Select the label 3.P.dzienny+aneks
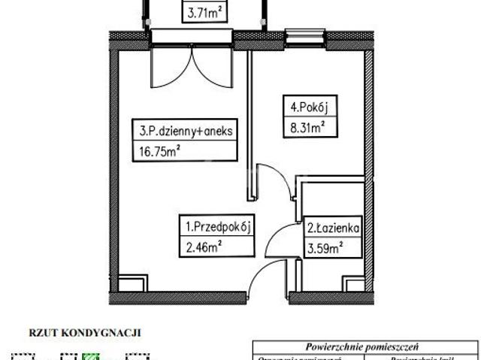coord(186,132)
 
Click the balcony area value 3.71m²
coord(204,11)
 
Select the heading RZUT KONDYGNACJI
coord(85,331)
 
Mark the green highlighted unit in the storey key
coord(91,356)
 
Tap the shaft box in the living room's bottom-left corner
coord(133,283)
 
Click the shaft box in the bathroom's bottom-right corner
coord(352,283)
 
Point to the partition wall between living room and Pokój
coord(247,120)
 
